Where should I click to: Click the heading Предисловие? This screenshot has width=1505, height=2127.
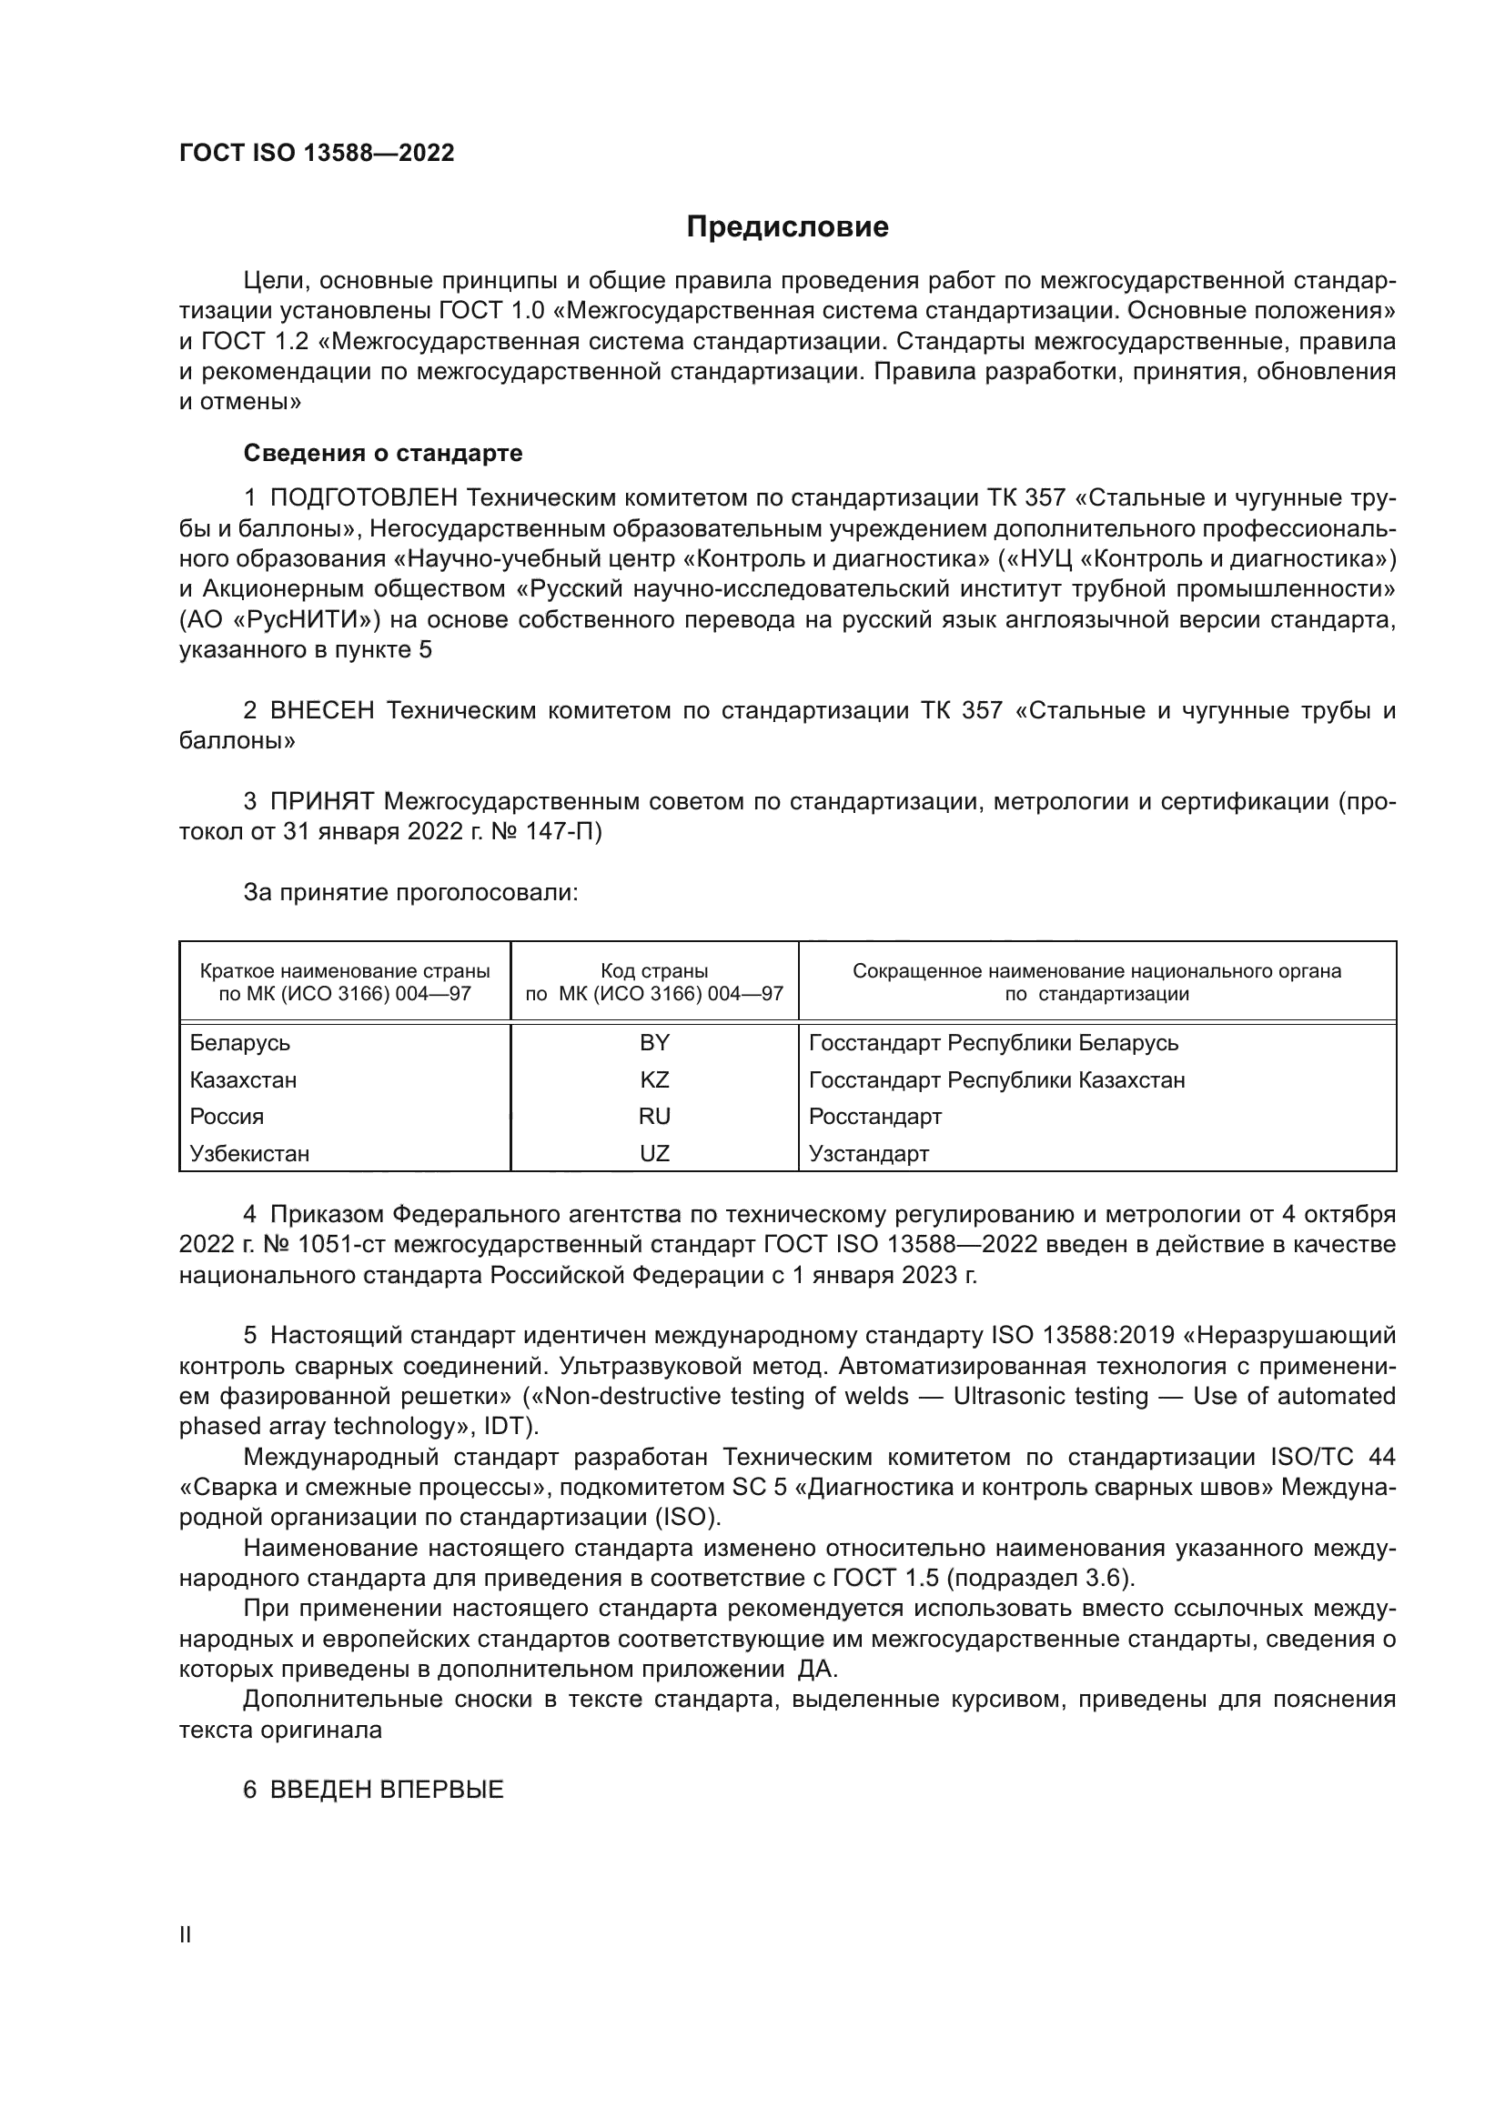(x=787, y=227)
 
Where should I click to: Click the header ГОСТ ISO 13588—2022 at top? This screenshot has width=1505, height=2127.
(x=316, y=154)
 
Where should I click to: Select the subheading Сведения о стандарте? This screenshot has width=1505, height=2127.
(x=382, y=453)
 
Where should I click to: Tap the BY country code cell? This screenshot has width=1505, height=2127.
(x=653, y=1043)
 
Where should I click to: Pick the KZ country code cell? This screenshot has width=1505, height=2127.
(x=653, y=1080)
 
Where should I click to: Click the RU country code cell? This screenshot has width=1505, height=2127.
(x=653, y=1117)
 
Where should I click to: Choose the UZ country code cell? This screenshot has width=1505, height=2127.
(x=653, y=1153)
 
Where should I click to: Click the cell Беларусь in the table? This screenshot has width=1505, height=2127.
(x=239, y=1043)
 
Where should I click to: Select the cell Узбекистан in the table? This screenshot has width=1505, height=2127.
(x=249, y=1153)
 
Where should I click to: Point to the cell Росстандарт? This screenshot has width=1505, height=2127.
(x=874, y=1117)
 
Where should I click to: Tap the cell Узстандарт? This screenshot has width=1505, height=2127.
(x=868, y=1153)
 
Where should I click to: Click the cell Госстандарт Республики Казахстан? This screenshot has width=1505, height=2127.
(x=996, y=1080)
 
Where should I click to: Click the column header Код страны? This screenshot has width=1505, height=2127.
(x=653, y=972)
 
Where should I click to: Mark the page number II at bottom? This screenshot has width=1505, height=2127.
(x=185, y=1935)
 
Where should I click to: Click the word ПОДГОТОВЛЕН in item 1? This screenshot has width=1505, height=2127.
(x=363, y=498)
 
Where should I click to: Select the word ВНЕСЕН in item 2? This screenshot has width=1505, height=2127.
(x=321, y=710)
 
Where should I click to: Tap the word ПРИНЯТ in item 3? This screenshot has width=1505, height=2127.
(x=321, y=801)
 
